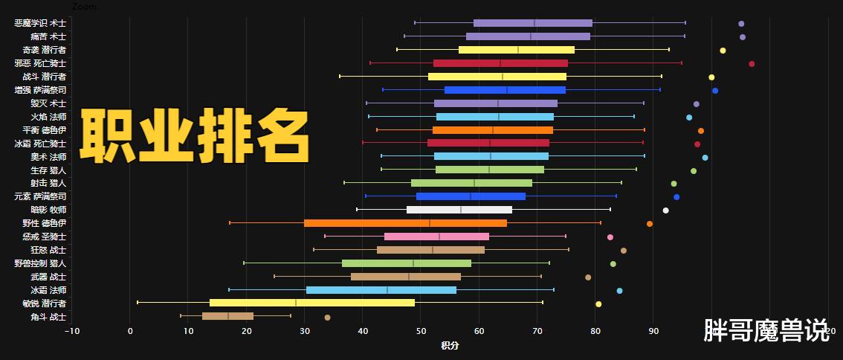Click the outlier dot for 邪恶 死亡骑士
(x=752, y=64)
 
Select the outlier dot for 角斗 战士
(x=327, y=318)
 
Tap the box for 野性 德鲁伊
(x=405, y=223)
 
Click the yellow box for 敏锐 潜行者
(x=312, y=303)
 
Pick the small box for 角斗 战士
(x=227, y=316)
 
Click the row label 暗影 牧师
(x=48, y=210)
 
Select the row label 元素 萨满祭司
(x=40, y=196)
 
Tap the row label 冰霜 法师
(x=48, y=290)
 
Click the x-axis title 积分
(x=450, y=345)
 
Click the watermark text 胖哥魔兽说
(x=766, y=330)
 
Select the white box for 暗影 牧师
(x=459, y=210)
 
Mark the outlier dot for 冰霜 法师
(x=619, y=291)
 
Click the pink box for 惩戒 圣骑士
(x=436, y=237)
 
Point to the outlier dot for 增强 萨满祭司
(x=715, y=91)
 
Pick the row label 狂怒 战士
(x=48, y=250)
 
